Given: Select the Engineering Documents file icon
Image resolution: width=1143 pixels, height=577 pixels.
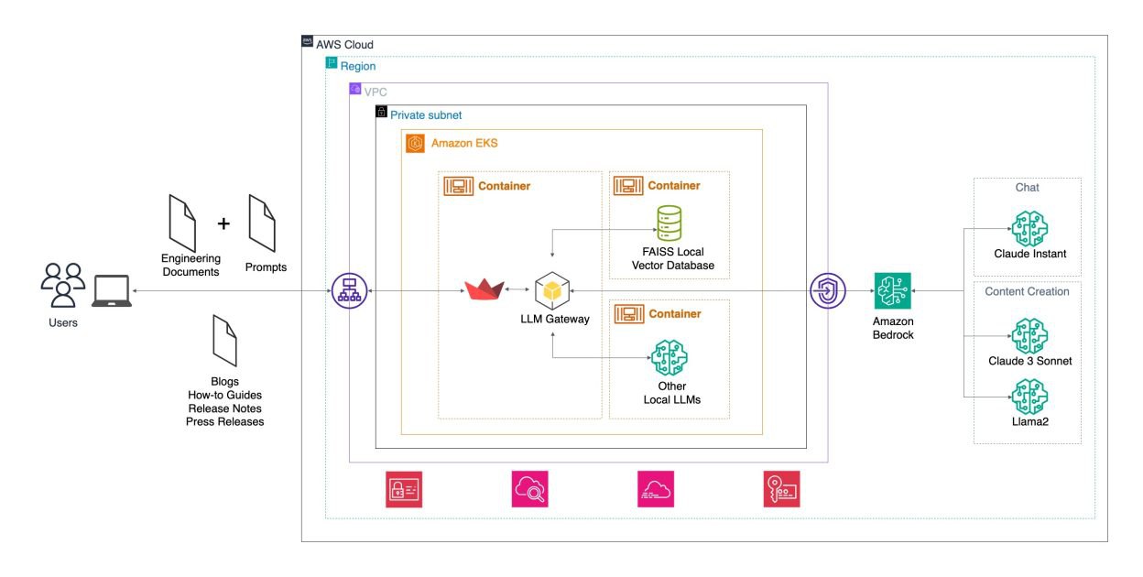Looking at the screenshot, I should click(x=181, y=223).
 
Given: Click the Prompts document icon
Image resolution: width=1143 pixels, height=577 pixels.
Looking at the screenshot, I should click(x=262, y=224).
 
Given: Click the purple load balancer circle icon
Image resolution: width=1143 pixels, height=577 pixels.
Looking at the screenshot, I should click(x=349, y=291).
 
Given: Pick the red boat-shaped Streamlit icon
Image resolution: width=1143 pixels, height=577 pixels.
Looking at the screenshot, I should click(x=484, y=290).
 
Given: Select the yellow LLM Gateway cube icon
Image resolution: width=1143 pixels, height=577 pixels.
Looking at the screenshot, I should click(x=552, y=290).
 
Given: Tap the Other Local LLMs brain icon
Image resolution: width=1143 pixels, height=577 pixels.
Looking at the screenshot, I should click(x=669, y=358).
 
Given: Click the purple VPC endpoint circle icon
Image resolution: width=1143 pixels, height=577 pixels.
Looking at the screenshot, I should click(x=827, y=291).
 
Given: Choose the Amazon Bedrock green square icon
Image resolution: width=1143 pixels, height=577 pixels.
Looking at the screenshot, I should click(x=892, y=291).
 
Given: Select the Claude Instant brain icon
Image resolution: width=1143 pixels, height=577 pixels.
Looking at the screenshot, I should click(x=1029, y=228).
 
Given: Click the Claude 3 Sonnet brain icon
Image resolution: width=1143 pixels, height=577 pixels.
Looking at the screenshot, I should click(x=1029, y=335).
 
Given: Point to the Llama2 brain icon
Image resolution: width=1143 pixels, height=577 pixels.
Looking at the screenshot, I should click(x=1029, y=397).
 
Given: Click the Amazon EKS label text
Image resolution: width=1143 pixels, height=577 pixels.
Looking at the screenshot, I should click(x=464, y=144).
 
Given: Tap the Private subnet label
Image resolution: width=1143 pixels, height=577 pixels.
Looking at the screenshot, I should click(x=426, y=115).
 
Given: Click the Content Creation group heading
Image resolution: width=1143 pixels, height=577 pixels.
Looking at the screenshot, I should click(x=1027, y=291).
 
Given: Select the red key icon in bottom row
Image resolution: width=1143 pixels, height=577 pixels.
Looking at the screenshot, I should click(x=781, y=489).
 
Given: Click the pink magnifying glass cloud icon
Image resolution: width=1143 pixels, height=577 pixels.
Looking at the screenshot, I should click(x=529, y=489).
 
